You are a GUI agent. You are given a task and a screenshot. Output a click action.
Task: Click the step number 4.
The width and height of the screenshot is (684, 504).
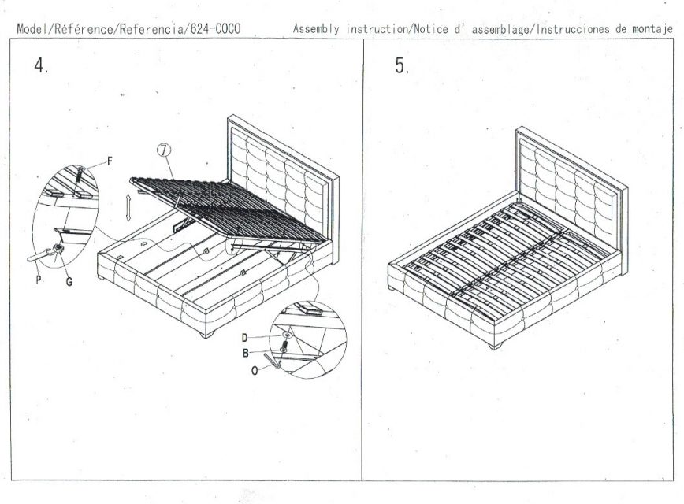click(x=40, y=66)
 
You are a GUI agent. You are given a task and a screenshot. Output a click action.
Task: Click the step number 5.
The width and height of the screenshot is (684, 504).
click(x=402, y=66)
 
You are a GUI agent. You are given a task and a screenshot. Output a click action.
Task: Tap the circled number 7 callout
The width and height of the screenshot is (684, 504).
click(x=164, y=150)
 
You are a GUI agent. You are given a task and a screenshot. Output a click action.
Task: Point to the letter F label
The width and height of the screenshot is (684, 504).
click(x=110, y=161)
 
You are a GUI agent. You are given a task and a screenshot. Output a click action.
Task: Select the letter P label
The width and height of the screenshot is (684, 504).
click(x=39, y=280)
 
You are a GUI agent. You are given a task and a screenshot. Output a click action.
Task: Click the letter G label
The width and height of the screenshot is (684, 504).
click(x=69, y=282)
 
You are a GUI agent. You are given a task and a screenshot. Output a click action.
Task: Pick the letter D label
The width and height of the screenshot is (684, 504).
click(x=244, y=338)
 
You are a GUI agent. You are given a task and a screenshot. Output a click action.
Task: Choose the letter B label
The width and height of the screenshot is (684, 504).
click(x=246, y=353)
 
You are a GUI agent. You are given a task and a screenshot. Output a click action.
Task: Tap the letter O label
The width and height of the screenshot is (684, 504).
click(x=255, y=371)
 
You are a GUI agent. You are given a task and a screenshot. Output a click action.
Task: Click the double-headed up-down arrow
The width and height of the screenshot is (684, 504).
click(x=128, y=208)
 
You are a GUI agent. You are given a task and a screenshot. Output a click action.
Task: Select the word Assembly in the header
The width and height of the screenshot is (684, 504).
click(x=316, y=29)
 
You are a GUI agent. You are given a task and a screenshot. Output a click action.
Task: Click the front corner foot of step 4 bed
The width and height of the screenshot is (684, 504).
click(x=206, y=334)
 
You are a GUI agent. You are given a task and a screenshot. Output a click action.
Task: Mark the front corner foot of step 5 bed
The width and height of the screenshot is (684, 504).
click(x=496, y=346)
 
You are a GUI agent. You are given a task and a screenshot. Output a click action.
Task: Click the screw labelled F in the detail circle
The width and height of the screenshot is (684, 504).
click(x=80, y=176)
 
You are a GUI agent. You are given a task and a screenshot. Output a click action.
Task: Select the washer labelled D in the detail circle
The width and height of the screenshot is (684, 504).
click(x=287, y=335)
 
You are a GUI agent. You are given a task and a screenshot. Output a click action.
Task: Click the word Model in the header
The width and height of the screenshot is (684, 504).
click(x=33, y=29)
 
